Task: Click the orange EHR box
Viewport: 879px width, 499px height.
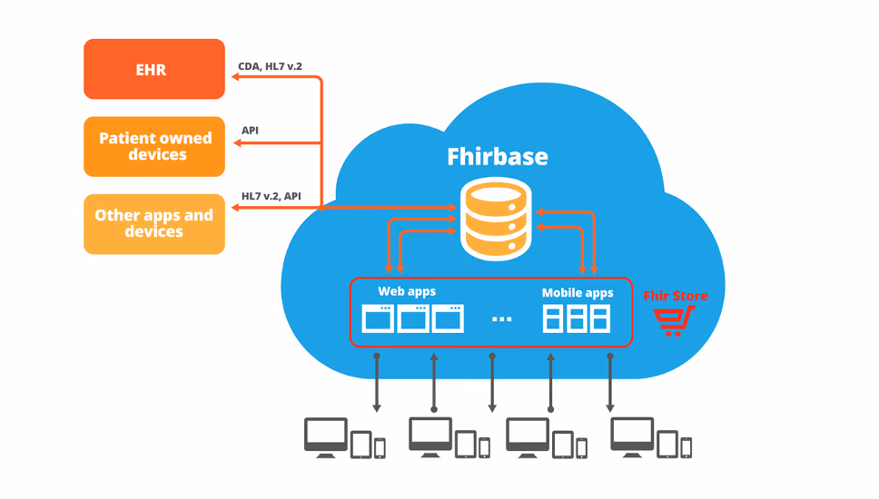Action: (x=153, y=69)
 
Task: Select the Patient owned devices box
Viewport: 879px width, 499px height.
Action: (x=154, y=146)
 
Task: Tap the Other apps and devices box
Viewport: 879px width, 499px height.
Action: (x=154, y=224)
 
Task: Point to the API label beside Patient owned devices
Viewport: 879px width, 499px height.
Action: (x=250, y=130)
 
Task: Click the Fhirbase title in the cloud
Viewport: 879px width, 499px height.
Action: (x=498, y=156)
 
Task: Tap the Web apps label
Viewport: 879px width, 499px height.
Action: (x=407, y=291)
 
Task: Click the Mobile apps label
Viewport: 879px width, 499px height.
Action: (x=578, y=292)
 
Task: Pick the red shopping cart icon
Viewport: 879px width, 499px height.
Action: (x=674, y=320)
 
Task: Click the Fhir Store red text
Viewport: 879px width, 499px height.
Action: (x=675, y=296)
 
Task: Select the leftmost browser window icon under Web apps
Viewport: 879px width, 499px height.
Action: (x=378, y=318)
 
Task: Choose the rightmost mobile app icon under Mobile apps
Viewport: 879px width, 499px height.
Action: (x=600, y=318)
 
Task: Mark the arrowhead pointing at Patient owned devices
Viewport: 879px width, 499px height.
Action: (x=234, y=142)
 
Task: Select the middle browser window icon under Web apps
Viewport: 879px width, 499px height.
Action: (x=413, y=318)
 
